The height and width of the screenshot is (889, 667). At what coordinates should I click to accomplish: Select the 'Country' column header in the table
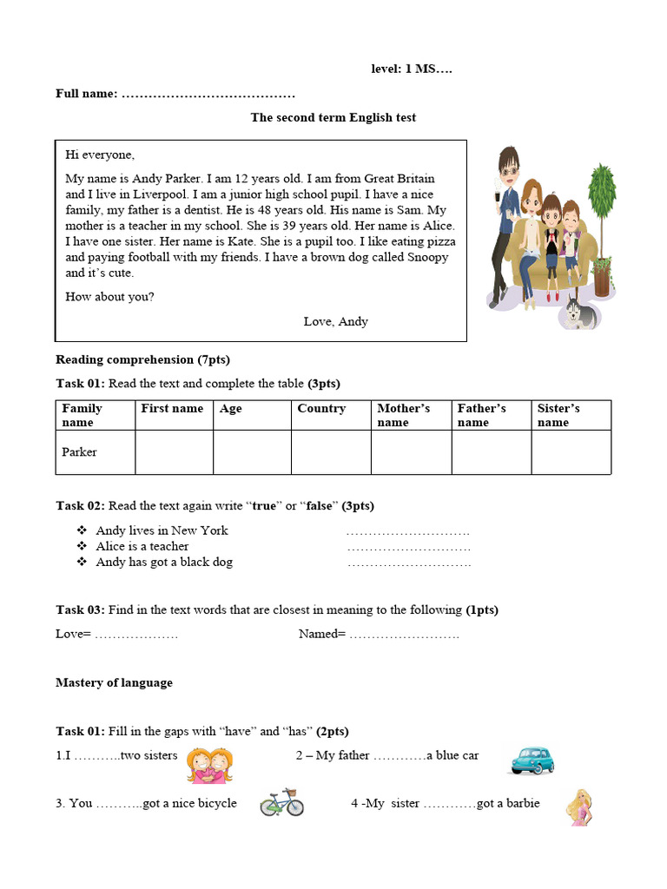coord(321,409)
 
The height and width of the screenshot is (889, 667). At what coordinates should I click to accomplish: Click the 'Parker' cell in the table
coord(80,452)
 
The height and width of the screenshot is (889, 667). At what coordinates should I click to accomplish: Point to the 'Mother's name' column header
coord(404,415)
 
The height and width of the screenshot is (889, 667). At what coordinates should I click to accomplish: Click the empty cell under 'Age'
coord(252,452)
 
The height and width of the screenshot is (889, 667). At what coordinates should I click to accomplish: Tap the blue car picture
coord(532,760)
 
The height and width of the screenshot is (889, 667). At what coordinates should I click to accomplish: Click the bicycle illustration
coord(282,802)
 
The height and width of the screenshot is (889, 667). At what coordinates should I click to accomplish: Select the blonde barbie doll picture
coord(578,807)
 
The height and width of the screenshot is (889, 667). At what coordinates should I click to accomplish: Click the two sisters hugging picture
coord(210,766)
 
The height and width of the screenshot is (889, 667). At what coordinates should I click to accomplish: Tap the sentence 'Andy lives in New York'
coord(162,530)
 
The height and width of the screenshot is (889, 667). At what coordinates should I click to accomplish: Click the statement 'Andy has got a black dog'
coord(164,562)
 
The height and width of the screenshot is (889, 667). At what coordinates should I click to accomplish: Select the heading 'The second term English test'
coord(333,117)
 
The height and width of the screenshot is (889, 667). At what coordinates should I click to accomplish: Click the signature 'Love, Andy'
coord(336,321)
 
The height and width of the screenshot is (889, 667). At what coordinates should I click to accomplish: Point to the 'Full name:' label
coord(87,93)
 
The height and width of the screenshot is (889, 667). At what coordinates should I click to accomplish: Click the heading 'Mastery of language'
coord(114,682)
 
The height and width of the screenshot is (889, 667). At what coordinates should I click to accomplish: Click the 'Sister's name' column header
coord(558,415)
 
